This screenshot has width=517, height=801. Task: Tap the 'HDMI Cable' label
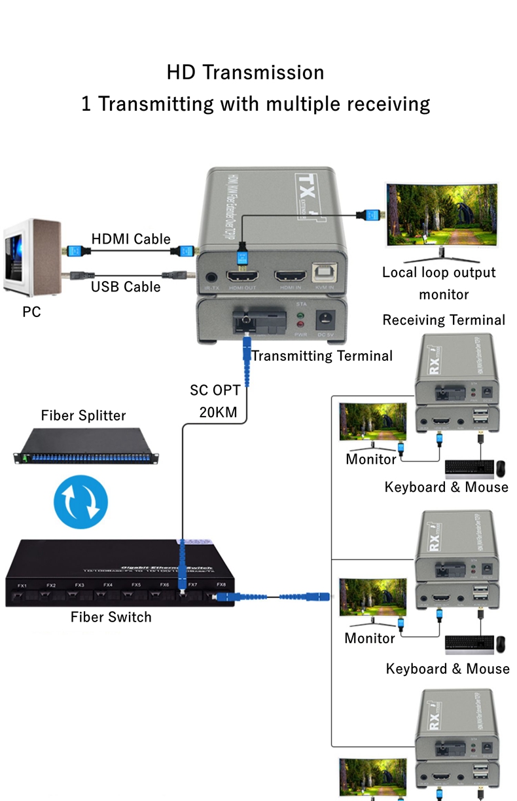(x=131, y=239)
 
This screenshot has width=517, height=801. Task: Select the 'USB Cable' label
(x=126, y=286)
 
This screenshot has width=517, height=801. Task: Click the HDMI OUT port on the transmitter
(x=241, y=277)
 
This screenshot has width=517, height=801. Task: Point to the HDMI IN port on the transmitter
(x=291, y=277)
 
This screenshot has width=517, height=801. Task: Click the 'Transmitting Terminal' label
(x=322, y=356)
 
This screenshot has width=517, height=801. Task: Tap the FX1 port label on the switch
(x=22, y=585)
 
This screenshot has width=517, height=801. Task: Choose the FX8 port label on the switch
(x=221, y=584)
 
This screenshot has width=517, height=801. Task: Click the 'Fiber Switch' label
(x=111, y=617)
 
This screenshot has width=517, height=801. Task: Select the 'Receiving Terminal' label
(x=444, y=320)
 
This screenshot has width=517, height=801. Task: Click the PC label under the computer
(x=31, y=312)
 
